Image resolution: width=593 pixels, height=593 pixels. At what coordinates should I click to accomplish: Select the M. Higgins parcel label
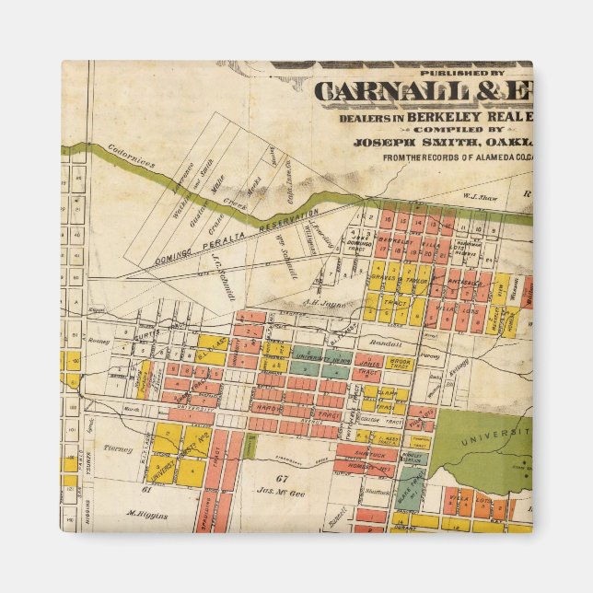coord(147,515)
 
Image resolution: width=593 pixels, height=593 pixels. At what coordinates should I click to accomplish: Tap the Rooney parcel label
coord(99,337)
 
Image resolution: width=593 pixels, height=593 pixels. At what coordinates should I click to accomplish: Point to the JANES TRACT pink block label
coord(367,364)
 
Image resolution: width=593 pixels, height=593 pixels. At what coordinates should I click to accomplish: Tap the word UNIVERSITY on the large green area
coord(497,431)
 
